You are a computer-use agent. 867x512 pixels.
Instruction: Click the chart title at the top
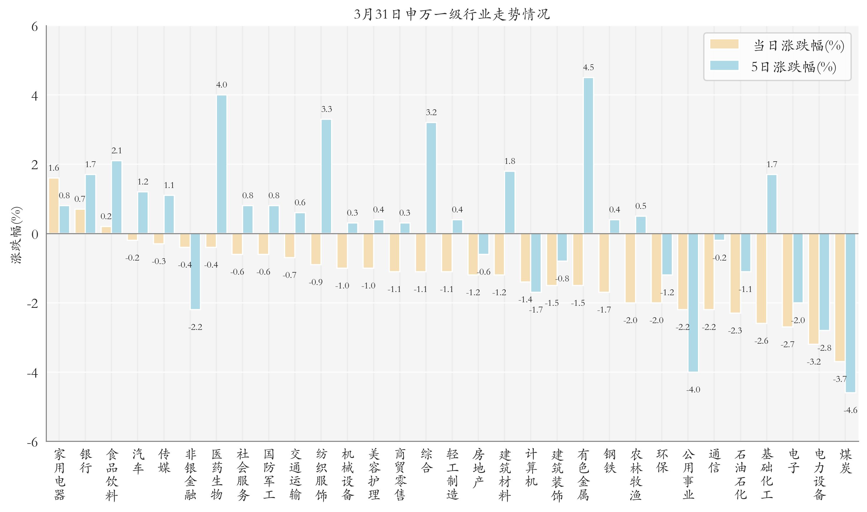click(x=452, y=14)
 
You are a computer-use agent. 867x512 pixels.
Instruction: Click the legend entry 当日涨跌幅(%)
click(x=798, y=46)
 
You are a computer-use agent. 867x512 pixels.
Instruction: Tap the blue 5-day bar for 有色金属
click(x=588, y=155)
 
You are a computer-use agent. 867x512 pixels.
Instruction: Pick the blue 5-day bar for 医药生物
click(x=222, y=164)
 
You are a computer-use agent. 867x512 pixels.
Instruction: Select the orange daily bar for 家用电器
click(x=54, y=206)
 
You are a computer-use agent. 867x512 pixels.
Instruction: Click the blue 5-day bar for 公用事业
click(x=693, y=303)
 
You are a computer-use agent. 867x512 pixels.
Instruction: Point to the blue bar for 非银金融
click(x=195, y=271)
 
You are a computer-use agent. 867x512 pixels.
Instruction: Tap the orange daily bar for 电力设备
click(x=813, y=289)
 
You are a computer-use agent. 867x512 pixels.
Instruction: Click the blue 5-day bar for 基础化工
click(x=772, y=204)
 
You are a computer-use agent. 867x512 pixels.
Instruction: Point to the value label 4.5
click(x=588, y=68)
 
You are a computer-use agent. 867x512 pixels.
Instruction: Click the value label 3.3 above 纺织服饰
click(x=326, y=109)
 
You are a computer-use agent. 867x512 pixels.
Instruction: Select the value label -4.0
click(x=693, y=390)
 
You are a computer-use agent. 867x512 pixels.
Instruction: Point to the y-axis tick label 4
click(x=34, y=96)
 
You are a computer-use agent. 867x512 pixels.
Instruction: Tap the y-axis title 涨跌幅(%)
click(x=16, y=235)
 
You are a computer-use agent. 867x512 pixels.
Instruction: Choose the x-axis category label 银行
click(x=86, y=461)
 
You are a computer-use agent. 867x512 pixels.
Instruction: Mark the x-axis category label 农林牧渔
click(x=636, y=474)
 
